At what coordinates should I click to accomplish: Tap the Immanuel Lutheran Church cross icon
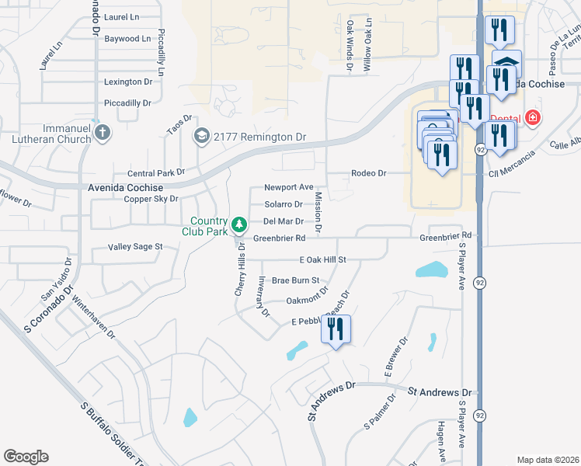click(x=101, y=132)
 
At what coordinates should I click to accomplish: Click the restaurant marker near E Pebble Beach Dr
click(x=336, y=329)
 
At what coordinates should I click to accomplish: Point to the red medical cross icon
click(x=533, y=118)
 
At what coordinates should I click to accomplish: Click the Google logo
click(x=26, y=457)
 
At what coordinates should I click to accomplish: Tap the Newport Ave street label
click(x=288, y=187)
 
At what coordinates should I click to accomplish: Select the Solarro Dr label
click(x=284, y=204)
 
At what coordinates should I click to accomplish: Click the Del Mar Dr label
click(x=283, y=221)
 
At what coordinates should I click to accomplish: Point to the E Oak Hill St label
click(x=322, y=259)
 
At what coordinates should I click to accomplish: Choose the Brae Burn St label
click(x=295, y=280)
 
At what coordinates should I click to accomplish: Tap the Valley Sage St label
click(x=136, y=247)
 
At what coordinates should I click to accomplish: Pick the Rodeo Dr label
click(x=368, y=173)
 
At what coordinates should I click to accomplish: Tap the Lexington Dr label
click(x=128, y=82)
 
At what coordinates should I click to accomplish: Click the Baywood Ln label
click(x=127, y=38)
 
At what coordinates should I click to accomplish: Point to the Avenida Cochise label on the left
click(x=126, y=188)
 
